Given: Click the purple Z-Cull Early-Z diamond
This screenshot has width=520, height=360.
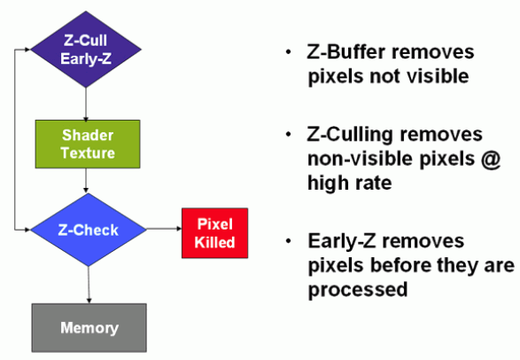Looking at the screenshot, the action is point(86,50).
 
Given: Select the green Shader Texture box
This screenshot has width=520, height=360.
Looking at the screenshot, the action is point(88,144).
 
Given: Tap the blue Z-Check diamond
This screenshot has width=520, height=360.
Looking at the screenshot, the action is point(89,230).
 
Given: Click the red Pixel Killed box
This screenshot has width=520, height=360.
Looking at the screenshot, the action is point(215,233).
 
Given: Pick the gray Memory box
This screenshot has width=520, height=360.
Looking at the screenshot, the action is point(89,328).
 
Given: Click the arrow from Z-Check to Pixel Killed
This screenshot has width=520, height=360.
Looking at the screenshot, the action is point(164,229).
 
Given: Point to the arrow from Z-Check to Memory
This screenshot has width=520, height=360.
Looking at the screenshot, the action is point(89,285).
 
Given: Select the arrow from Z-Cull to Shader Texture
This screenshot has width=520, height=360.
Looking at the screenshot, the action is point(86,104).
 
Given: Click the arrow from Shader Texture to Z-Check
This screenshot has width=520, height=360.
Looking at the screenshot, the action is point(86,181).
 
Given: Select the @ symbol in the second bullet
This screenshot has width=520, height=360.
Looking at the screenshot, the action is point(491,160).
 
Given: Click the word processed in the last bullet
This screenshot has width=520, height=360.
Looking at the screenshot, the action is point(358,289).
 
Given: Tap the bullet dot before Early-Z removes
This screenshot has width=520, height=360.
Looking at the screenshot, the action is point(289,241).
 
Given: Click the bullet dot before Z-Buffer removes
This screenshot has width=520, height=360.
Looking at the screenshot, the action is point(289,51).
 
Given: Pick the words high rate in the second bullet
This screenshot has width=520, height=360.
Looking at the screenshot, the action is point(350,183).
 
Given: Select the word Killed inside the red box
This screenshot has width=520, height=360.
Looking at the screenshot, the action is point(214,242).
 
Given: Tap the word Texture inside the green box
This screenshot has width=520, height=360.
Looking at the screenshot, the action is point(88,153).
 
